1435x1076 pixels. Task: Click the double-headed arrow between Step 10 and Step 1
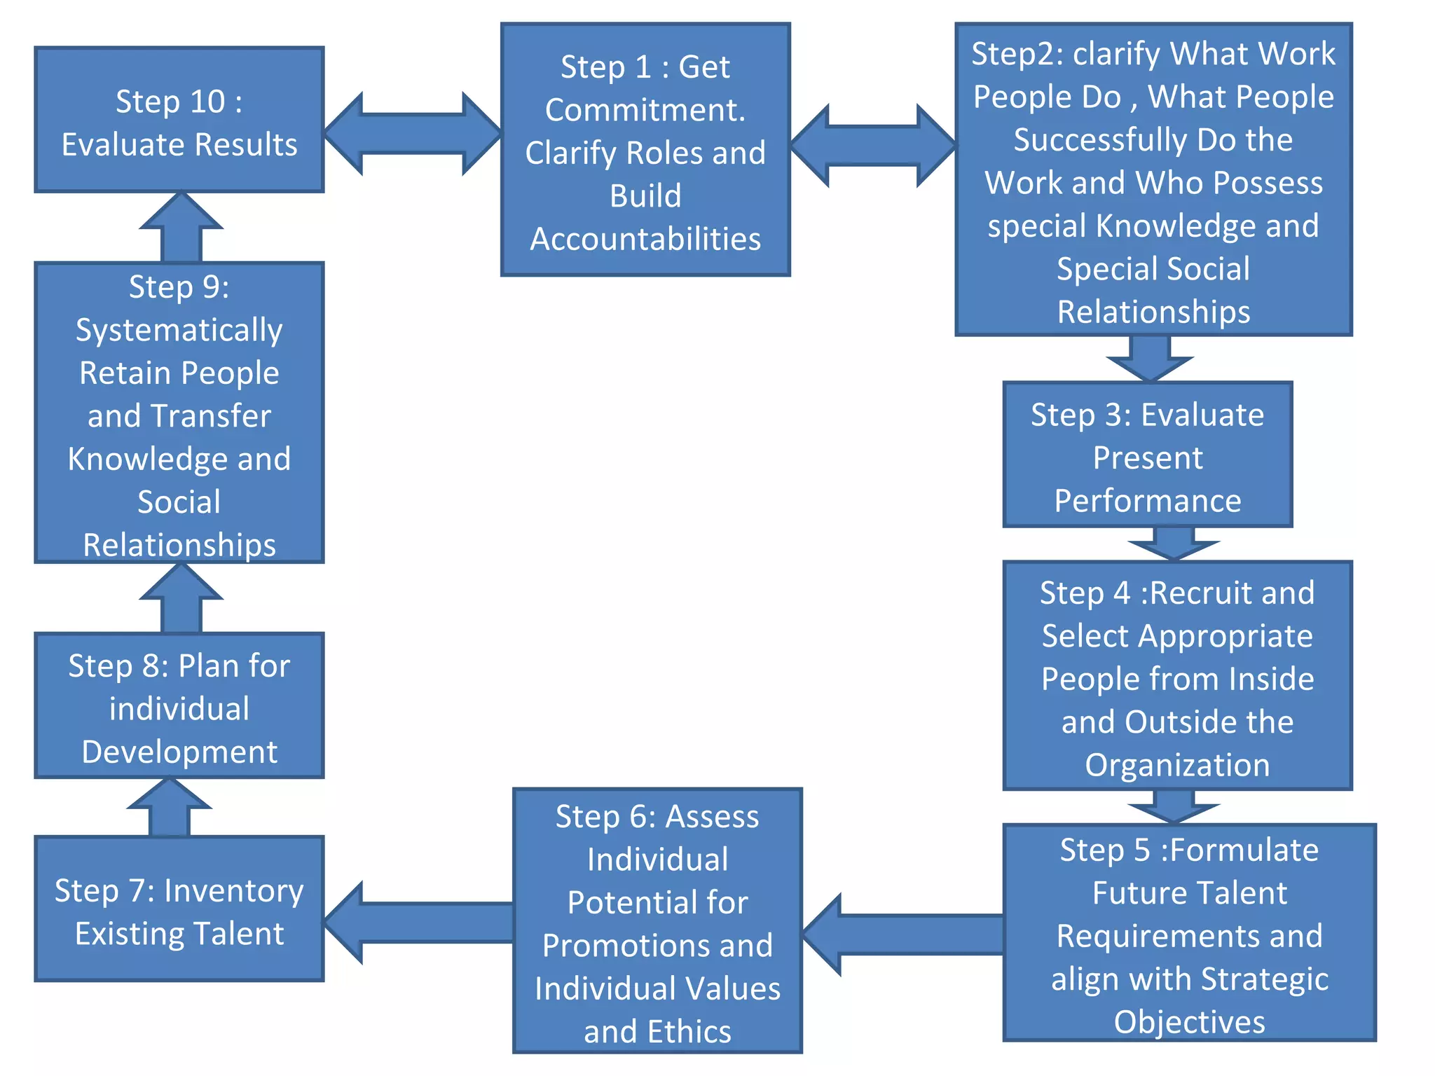(413, 133)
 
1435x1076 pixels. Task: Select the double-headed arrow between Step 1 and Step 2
(872, 145)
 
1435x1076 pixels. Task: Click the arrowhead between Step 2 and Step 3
(1150, 359)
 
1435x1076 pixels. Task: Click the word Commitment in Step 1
(644, 110)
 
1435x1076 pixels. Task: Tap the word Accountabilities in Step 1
(645, 240)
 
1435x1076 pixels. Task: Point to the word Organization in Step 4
(1177, 765)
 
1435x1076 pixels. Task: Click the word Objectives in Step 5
(1190, 1022)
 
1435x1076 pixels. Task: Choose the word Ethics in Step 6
(689, 1032)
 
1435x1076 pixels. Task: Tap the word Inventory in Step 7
(233, 892)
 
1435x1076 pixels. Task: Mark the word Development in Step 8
(179, 752)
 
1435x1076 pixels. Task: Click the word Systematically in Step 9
(179, 331)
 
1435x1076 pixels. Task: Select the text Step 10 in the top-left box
(170, 102)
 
